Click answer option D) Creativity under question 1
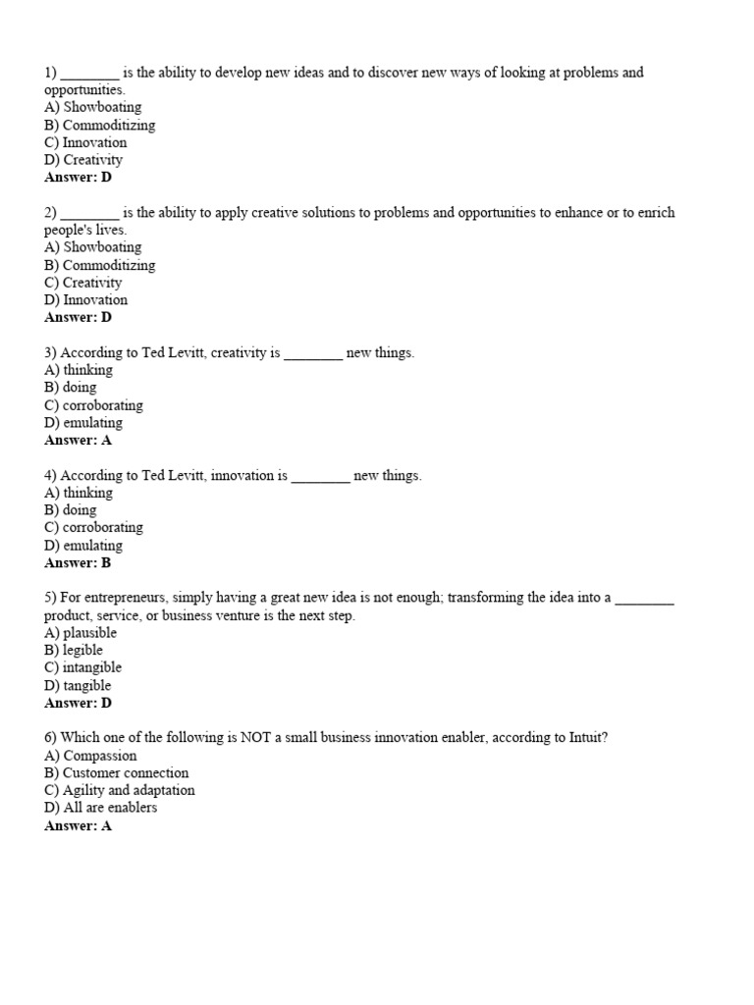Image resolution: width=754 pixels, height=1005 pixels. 83,160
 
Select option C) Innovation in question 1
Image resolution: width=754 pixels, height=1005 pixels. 85,142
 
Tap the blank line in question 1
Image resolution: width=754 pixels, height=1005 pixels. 90,74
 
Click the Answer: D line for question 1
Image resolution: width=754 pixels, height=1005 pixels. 79,178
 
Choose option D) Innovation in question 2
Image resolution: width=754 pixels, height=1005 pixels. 85,300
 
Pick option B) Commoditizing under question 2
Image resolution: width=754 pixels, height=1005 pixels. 99,265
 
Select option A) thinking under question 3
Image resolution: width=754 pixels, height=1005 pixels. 79,370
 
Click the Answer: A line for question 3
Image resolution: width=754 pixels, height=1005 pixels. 79,441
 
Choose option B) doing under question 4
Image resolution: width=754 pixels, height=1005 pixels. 71,510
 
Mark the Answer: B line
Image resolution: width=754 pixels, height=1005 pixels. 79,563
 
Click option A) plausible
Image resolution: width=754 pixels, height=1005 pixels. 81,633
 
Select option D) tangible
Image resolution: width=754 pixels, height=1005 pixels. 78,686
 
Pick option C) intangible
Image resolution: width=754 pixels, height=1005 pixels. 83,668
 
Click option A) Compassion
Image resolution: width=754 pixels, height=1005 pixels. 90,756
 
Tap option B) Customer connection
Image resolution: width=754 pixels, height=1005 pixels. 116,773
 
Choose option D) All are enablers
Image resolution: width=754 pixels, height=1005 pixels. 100,808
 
